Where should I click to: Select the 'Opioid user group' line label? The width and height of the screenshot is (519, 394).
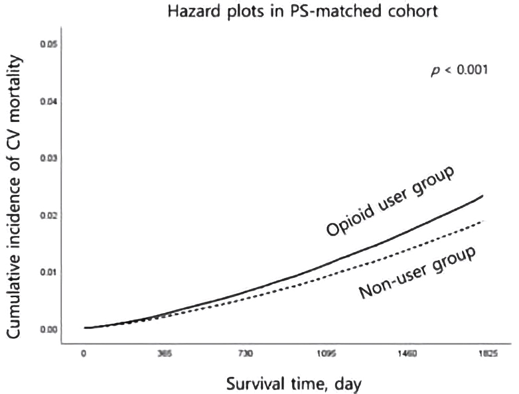390,202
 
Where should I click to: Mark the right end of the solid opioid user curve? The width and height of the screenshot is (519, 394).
483,196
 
